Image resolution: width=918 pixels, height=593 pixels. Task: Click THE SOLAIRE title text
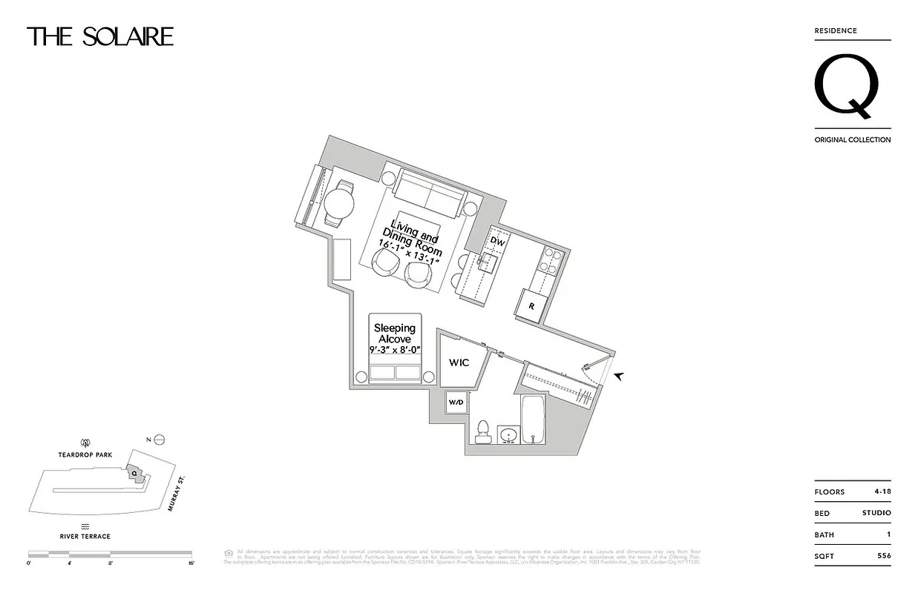pos(100,37)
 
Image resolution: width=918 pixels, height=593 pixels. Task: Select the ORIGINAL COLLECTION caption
pos(852,139)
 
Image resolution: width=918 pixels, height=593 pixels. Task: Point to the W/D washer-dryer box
pos(455,402)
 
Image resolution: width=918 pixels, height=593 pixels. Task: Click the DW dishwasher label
pos(498,241)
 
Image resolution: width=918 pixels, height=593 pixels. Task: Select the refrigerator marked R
pos(531,305)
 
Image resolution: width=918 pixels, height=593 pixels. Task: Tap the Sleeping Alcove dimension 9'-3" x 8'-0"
pos(394,350)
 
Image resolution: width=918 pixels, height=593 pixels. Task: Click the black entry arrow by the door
pos(618,377)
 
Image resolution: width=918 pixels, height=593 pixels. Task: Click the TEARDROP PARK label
pos(86,455)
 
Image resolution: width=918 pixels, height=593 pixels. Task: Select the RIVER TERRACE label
pos(85,536)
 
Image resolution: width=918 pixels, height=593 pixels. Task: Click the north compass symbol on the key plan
pos(158,440)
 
